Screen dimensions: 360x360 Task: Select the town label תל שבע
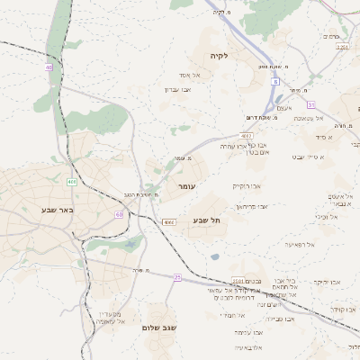[206, 220]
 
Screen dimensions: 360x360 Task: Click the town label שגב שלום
[157, 328]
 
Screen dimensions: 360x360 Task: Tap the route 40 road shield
[47, 67]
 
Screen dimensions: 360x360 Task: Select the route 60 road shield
[119, 214]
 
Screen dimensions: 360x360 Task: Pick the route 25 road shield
[177, 277]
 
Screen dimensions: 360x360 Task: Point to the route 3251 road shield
[341, 47]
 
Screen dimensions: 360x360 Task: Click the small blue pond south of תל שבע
[214, 257]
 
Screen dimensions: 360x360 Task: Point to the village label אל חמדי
[233, 315]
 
